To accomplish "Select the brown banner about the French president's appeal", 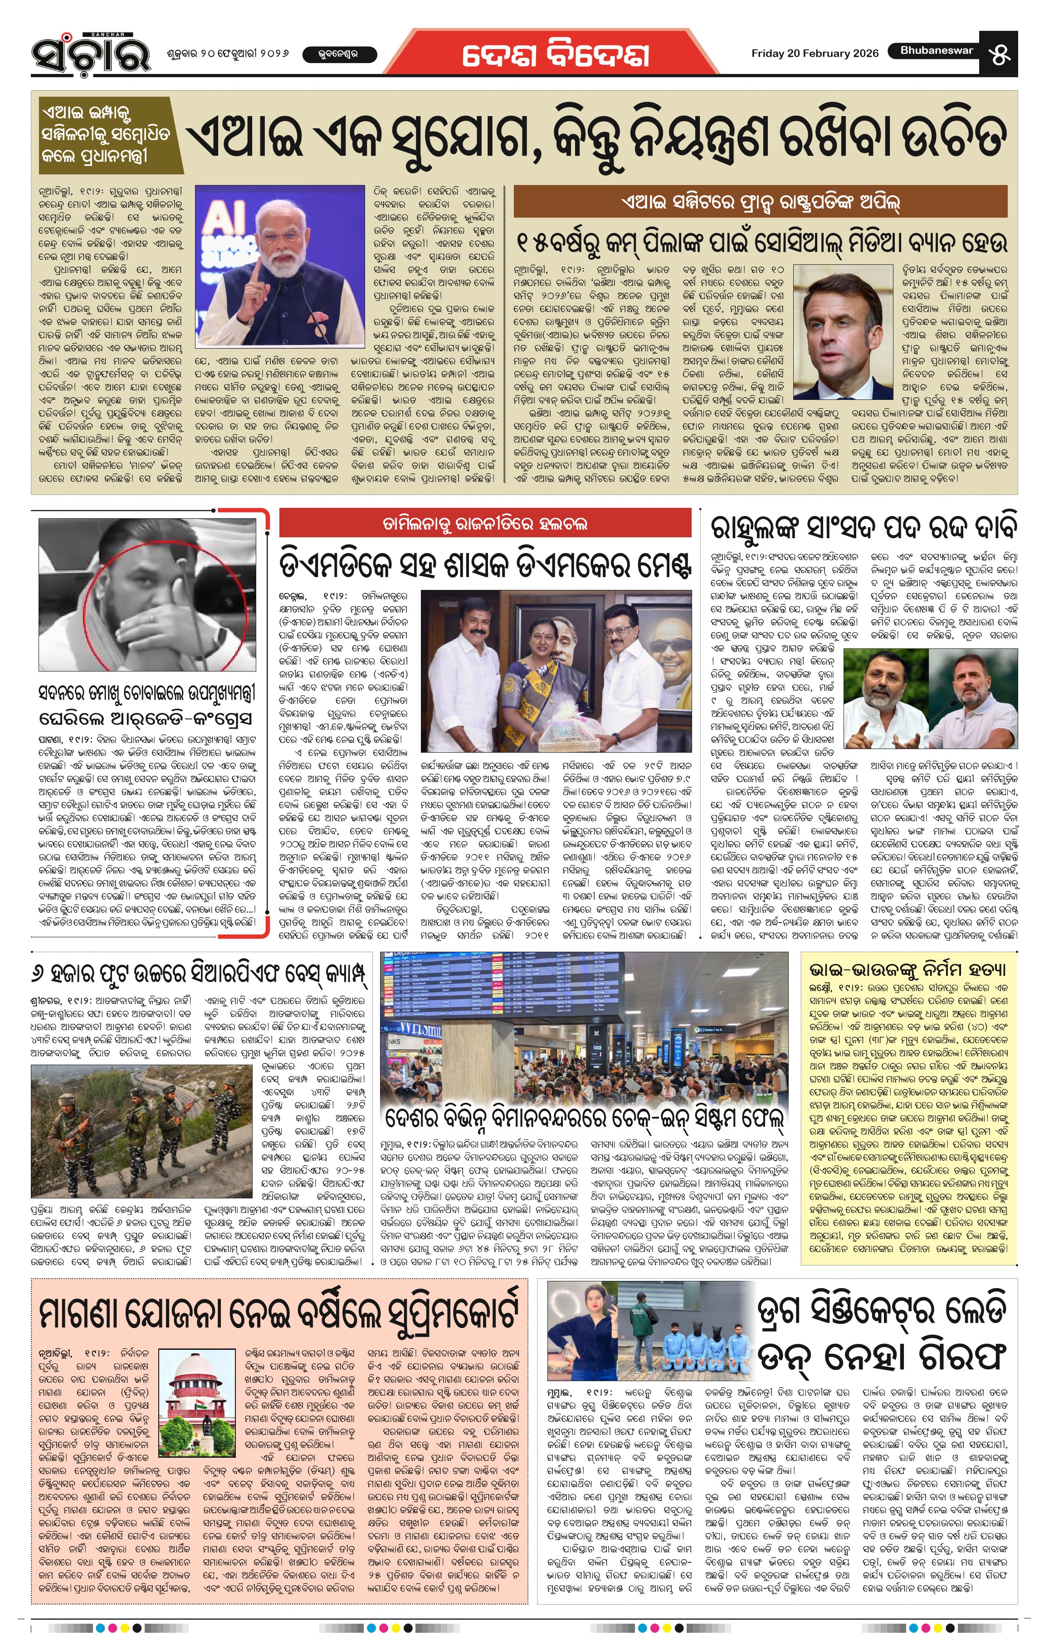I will click(760, 202).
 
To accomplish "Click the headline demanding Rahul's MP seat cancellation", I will click(864, 528).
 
